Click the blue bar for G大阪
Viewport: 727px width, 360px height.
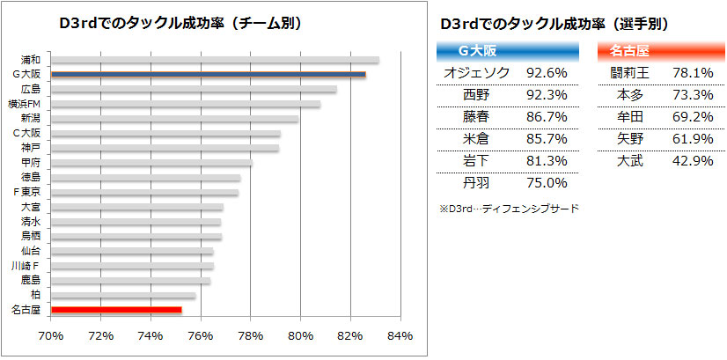coord(208,75)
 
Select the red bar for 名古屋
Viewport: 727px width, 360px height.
coord(116,310)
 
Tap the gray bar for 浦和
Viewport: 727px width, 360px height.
coord(215,60)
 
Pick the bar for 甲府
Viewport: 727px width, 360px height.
coord(151,163)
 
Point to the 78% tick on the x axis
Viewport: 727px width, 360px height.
coord(251,335)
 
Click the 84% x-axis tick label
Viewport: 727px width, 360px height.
coord(400,335)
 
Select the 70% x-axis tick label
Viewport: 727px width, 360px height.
coord(51,335)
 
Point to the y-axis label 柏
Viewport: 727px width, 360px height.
coord(35,295)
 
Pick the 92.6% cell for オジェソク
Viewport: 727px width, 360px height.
coord(547,72)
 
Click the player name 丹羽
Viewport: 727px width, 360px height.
coord(475,183)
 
